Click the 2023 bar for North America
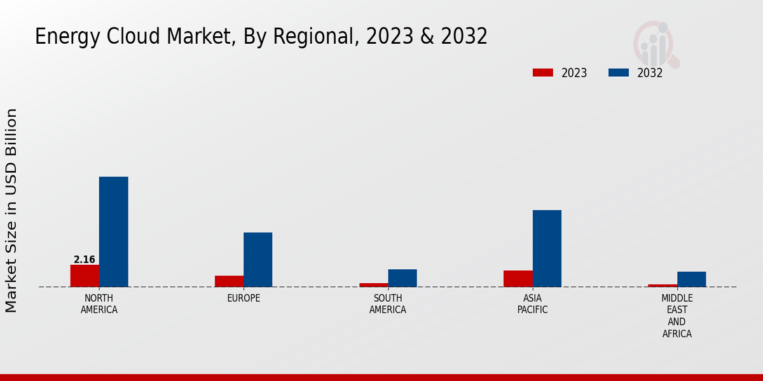(x=85, y=276)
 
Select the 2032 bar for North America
(x=113, y=232)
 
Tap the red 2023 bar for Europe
(x=229, y=281)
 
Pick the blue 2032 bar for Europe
(x=258, y=260)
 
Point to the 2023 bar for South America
(x=373, y=285)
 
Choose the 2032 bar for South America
(x=402, y=278)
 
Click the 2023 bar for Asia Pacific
(x=518, y=279)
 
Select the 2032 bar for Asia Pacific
(x=547, y=248)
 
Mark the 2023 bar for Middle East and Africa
(x=663, y=286)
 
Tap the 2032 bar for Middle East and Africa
(x=691, y=279)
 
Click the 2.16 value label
(x=85, y=260)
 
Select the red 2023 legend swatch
(x=543, y=73)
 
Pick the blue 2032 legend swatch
(x=618, y=73)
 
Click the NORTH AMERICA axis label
(x=99, y=304)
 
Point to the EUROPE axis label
(x=244, y=298)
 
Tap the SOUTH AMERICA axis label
(x=388, y=304)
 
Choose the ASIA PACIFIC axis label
(x=532, y=304)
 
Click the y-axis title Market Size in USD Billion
(x=11, y=210)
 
